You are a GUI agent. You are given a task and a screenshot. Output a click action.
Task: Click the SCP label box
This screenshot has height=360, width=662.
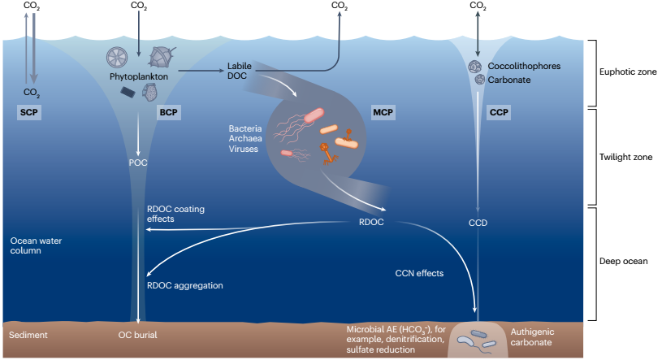[28, 112]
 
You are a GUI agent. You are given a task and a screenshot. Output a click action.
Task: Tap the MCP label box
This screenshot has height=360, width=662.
[382, 112]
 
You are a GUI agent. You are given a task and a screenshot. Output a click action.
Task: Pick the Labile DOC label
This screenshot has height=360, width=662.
[239, 71]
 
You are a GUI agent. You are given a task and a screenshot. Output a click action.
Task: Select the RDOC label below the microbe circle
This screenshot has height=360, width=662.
[371, 221]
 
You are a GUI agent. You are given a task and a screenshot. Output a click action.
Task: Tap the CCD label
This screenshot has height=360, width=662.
[477, 222]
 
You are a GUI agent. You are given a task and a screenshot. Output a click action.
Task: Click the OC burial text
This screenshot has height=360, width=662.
[138, 334]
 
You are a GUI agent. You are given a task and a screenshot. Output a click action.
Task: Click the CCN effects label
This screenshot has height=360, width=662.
[419, 273]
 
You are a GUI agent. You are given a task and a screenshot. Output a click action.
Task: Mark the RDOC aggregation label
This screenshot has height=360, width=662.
[184, 285]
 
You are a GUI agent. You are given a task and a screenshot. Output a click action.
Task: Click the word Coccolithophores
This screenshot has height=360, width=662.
[525, 66]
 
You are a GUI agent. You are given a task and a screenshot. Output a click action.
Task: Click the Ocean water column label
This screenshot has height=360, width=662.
[37, 246]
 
